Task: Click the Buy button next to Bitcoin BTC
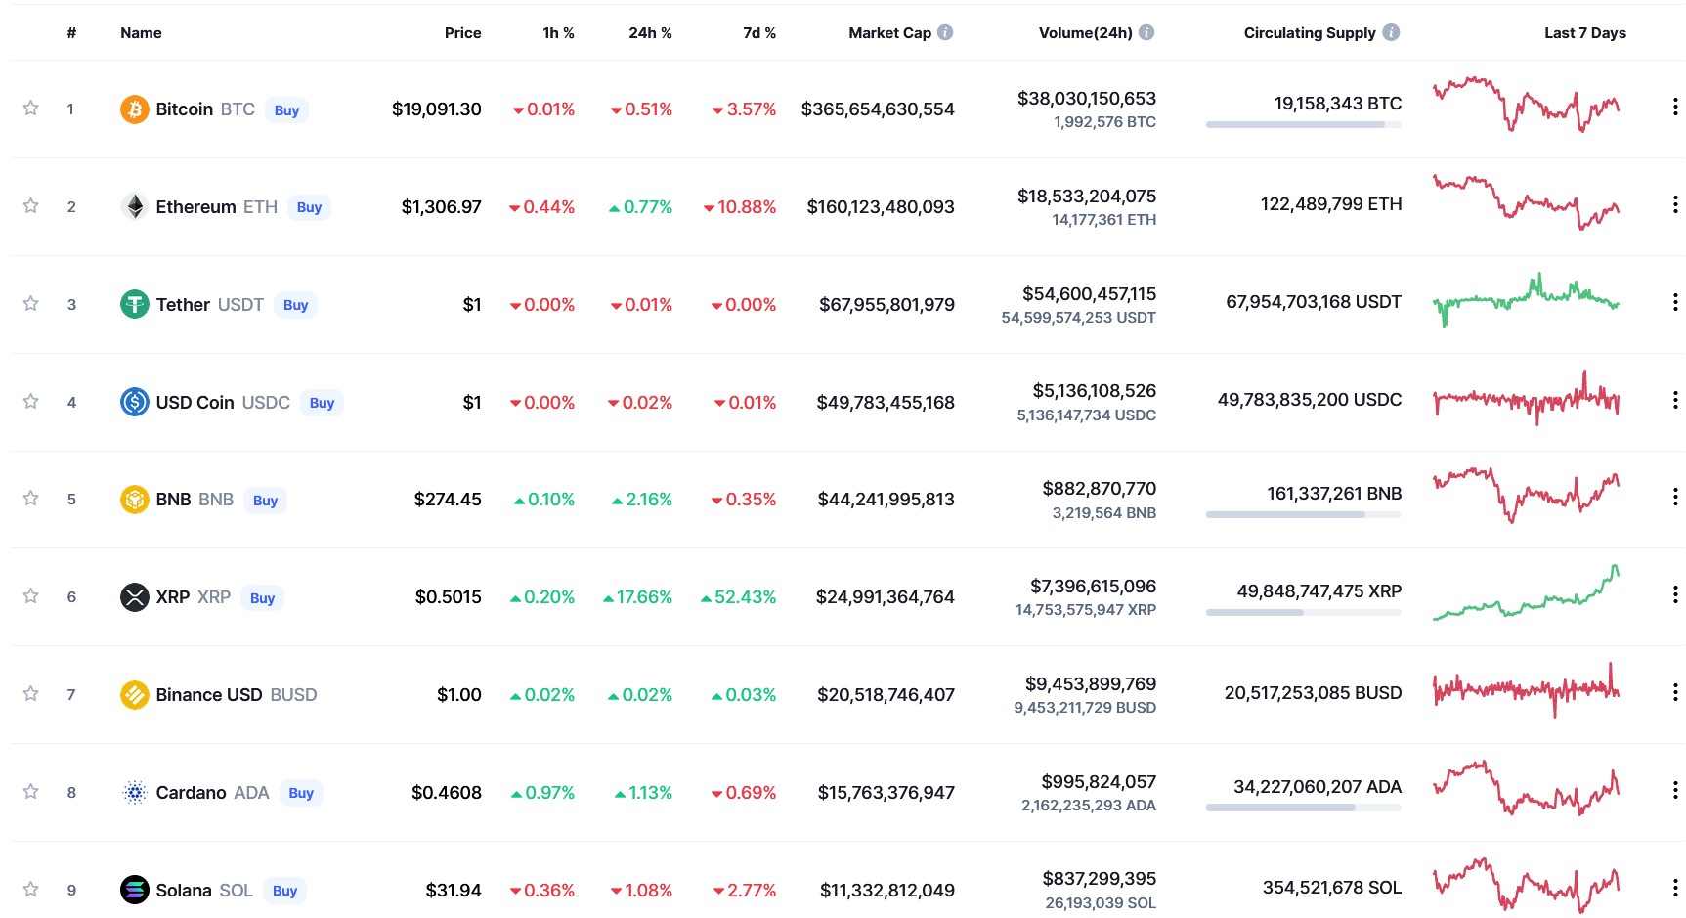tap(286, 110)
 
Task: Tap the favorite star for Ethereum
tap(31, 205)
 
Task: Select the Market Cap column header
tap(889, 33)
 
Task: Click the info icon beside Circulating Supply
tap(1391, 32)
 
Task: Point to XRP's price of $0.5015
tap(448, 597)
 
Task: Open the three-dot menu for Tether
tap(1675, 303)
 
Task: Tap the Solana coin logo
tap(134, 890)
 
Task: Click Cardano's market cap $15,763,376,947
tap(886, 793)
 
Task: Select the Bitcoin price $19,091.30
tap(436, 109)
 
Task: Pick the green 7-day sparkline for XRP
tap(1526, 593)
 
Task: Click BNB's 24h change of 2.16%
tap(642, 500)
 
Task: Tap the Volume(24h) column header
tap(1085, 33)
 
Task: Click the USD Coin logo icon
tap(134, 402)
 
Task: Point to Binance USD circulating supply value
tap(1313, 693)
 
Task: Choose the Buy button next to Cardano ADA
tap(301, 793)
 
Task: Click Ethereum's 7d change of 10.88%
tap(740, 207)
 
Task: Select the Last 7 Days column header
tap(1584, 33)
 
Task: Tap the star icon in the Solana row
tap(31, 889)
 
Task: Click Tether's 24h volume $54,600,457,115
tap(1089, 294)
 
